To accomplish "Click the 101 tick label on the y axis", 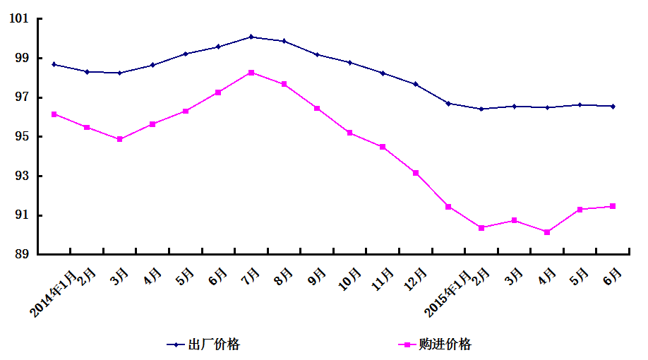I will (x=19, y=18).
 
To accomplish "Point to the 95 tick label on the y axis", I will (x=22, y=136).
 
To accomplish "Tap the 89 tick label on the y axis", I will (x=22, y=254).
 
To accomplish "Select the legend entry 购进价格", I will (x=445, y=344).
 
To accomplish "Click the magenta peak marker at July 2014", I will (x=251, y=73).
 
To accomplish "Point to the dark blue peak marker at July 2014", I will (x=251, y=37).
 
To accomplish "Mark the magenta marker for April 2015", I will (x=547, y=232).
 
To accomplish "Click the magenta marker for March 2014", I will (x=120, y=139).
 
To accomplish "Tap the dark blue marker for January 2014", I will (x=54, y=64).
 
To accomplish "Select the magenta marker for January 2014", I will (x=54, y=114).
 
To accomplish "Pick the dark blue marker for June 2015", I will (x=613, y=107).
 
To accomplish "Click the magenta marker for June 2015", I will (x=613, y=206).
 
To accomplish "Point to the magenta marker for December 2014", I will (x=416, y=173).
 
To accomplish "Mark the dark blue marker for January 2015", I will (x=448, y=104).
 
